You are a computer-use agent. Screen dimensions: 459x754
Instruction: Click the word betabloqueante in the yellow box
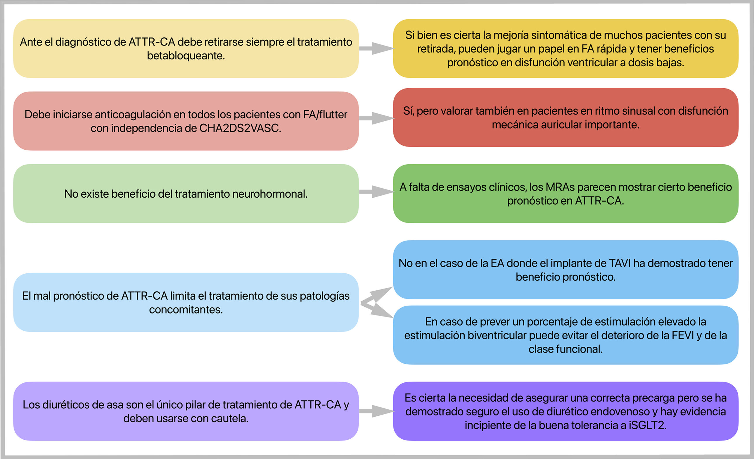[186, 56]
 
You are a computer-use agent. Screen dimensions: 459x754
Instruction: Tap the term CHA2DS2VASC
[240, 128]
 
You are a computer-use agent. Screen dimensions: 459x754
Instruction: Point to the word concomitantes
[186, 310]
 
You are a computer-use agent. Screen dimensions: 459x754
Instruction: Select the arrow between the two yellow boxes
[376, 48]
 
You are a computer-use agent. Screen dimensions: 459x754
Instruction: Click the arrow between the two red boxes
[376, 118]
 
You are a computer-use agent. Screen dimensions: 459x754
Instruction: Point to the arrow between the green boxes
[376, 192]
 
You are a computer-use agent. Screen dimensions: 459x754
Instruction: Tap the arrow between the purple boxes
[376, 411]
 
